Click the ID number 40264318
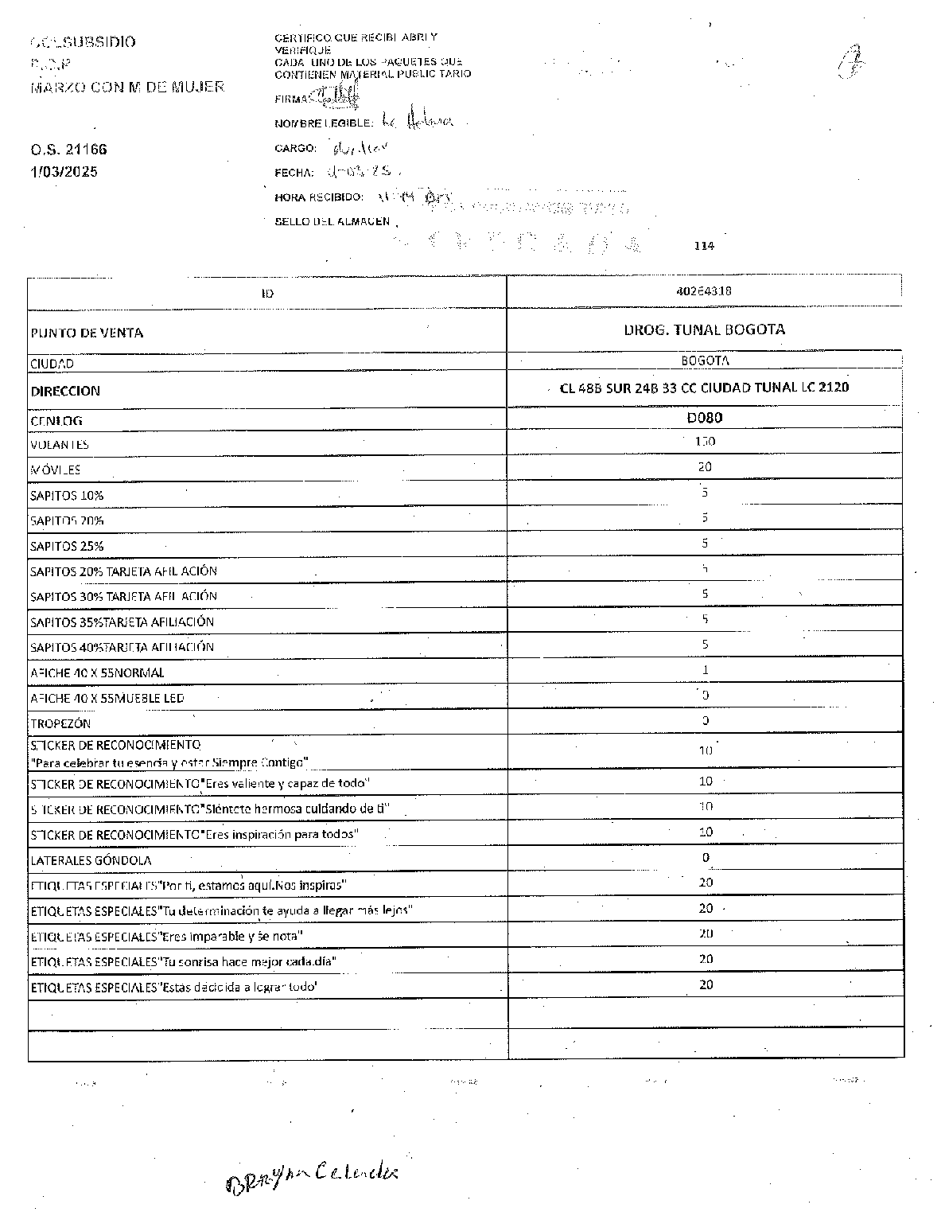click(704, 291)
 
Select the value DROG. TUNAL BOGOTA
click(704, 329)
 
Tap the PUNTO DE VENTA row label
click(87, 333)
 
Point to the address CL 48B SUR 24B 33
click(704, 388)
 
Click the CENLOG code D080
click(705, 417)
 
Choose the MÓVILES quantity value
click(705, 467)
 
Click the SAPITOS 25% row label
click(67, 546)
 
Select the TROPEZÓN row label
click(60, 723)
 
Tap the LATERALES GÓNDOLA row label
click(91, 860)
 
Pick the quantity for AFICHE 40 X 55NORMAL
click(705, 670)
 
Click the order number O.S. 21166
click(68, 150)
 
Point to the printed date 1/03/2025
click(64, 171)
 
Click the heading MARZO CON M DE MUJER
click(127, 87)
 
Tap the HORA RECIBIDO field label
click(319, 197)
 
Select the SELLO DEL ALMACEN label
click(332, 221)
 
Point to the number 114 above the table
click(704, 246)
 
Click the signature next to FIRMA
click(338, 97)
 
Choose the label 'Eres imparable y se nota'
click(166, 936)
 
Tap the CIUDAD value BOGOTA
click(705, 361)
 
